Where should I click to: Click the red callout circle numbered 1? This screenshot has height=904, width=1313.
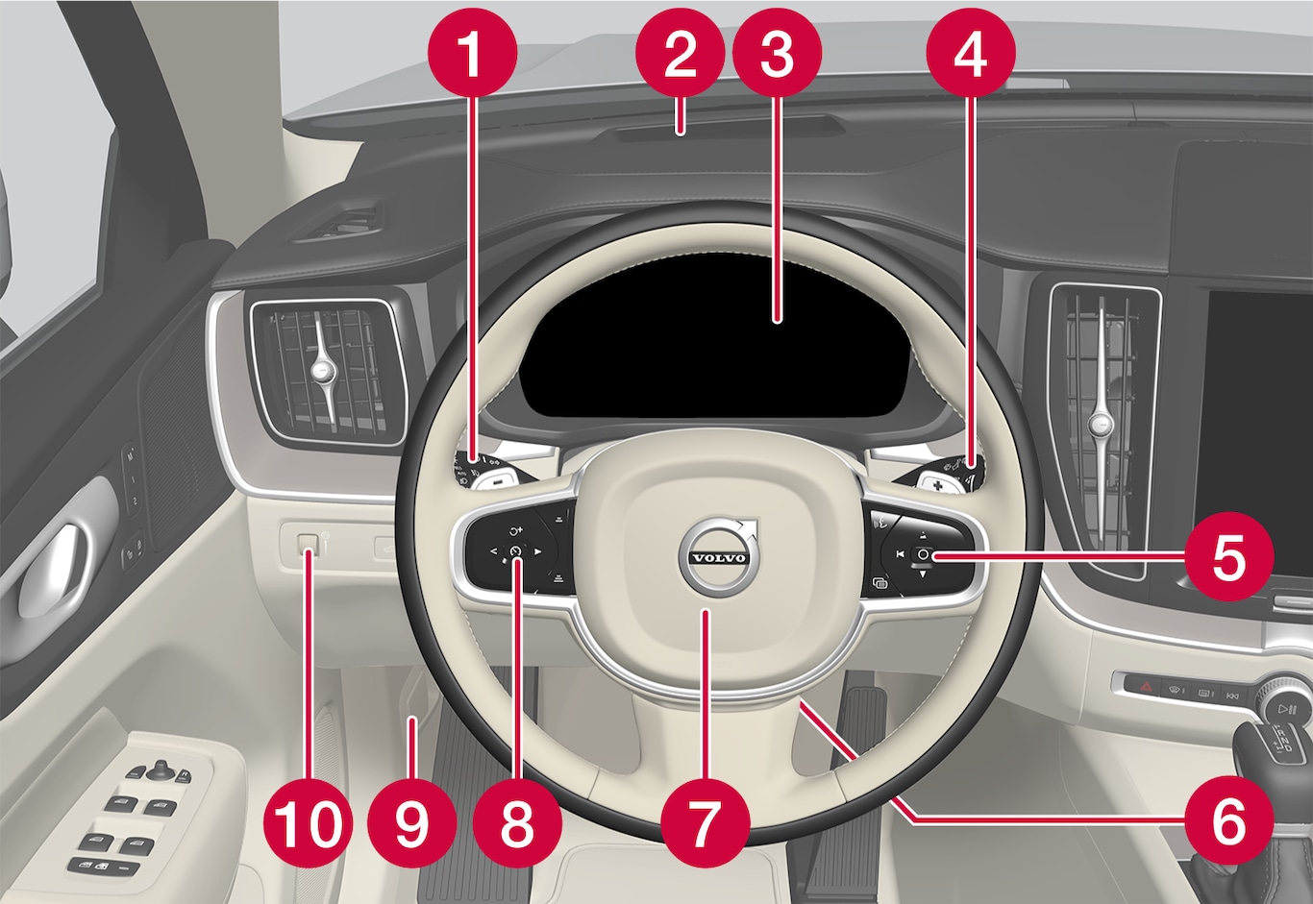pos(473,52)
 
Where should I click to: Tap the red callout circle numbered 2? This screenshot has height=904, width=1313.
pos(680,52)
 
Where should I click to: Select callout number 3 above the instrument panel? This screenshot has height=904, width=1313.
pos(778,52)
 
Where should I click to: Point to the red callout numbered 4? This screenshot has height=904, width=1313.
pos(971,52)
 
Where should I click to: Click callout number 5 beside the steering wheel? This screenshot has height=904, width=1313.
pos(1229,556)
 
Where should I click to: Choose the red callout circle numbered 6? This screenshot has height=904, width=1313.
pos(1229,819)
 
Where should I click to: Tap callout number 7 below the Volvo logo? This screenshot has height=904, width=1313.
pos(706,823)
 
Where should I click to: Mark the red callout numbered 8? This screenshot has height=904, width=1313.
pos(517,823)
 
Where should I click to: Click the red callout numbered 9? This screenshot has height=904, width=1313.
pos(412,823)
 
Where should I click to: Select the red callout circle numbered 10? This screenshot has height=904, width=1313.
pos(309,823)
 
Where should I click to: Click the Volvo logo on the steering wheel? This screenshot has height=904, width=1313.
pos(719,556)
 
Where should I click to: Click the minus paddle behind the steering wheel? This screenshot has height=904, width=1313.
pos(497,482)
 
